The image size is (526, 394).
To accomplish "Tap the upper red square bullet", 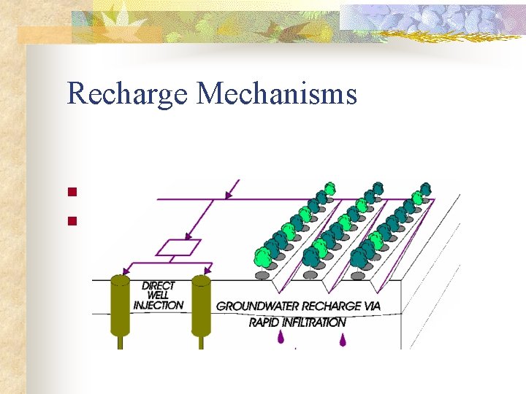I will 72,193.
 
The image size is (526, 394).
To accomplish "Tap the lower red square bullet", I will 72,219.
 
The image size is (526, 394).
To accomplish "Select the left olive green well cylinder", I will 120,306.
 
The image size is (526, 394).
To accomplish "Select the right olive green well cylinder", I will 201,306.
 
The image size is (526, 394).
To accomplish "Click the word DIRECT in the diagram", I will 159,285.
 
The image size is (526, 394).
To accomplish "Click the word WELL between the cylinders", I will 159,295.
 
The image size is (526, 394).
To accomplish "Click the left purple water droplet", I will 280,338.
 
